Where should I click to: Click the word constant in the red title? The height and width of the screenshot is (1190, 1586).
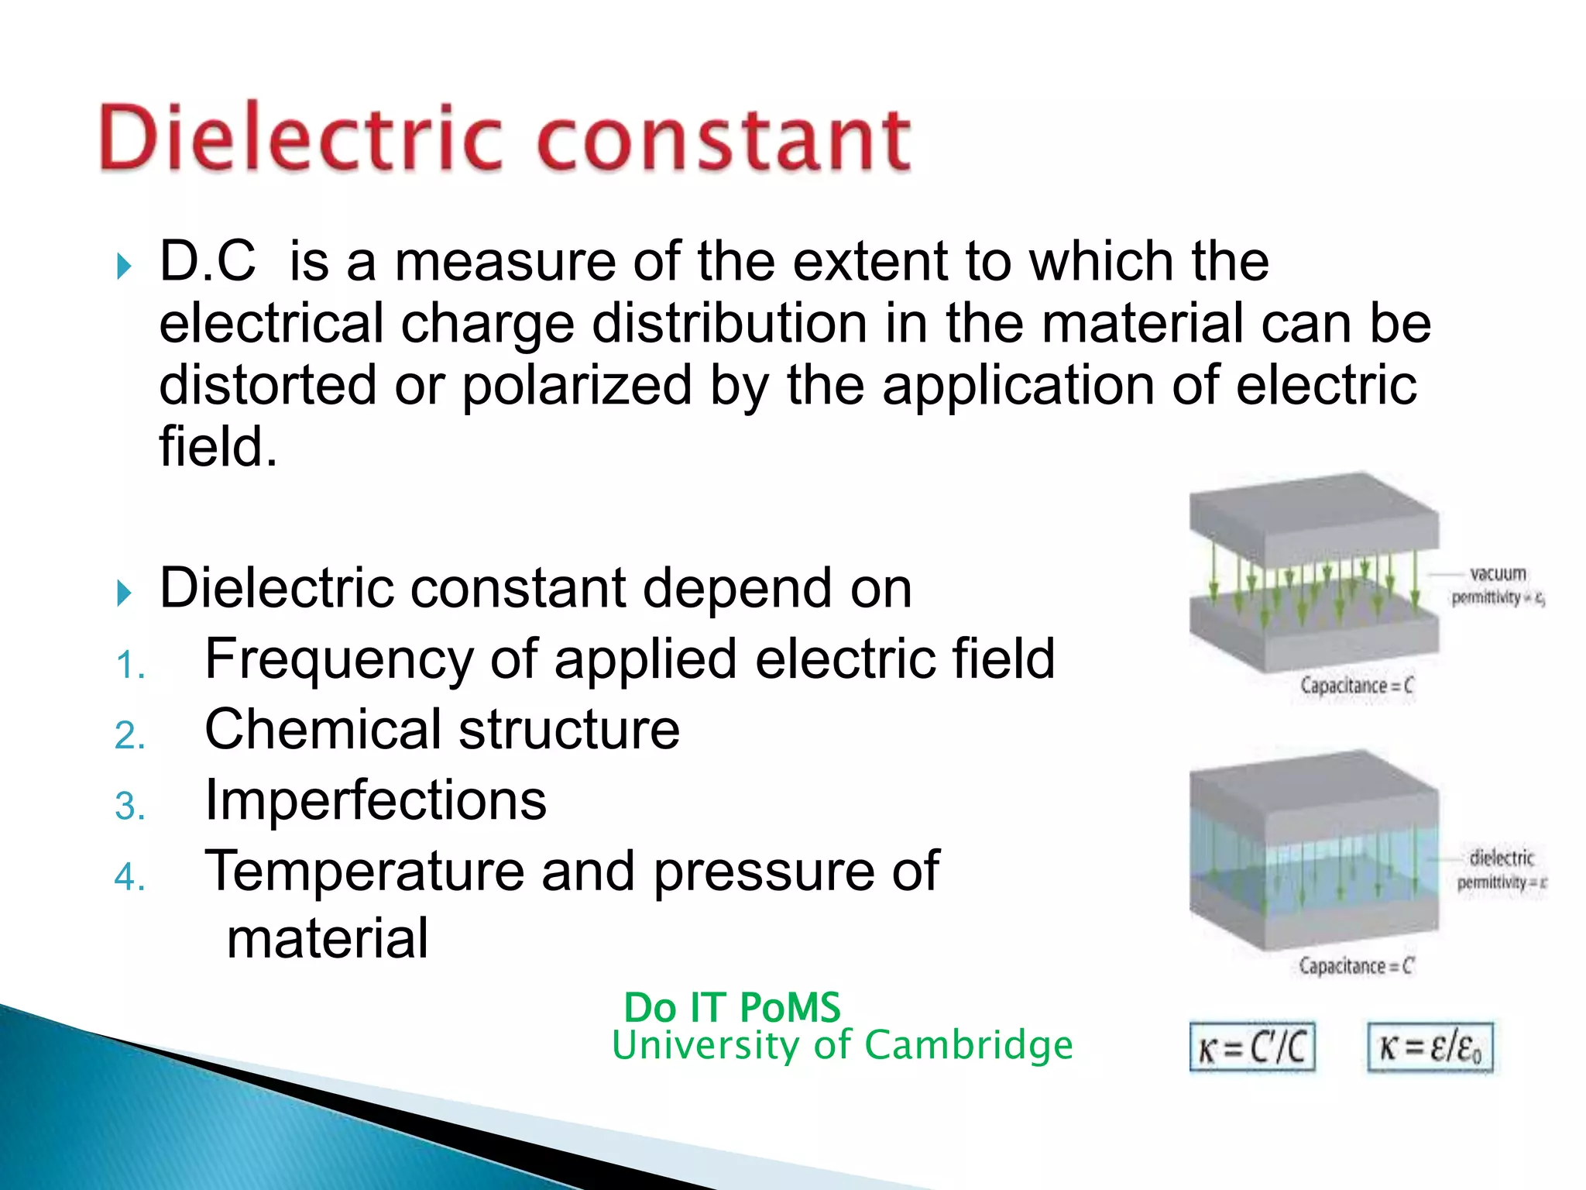click(723, 139)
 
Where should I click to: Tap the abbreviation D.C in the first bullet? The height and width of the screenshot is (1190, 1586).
click(207, 261)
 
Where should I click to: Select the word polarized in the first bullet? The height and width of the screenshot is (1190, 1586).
click(577, 386)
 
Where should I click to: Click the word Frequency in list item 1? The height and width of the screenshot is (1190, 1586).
click(338, 660)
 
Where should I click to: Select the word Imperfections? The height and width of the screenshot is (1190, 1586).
click(376, 800)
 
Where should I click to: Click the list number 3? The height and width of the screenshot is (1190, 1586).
click(129, 807)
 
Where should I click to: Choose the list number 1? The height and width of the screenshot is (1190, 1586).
click(129, 666)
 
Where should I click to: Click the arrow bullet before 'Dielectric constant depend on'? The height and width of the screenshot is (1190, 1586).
click(124, 593)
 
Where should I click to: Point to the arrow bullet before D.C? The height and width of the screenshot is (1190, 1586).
click(124, 267)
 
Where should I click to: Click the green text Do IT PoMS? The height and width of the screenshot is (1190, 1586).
click(732, 1008)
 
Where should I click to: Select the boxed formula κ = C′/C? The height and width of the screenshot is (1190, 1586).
click(1251, 1047)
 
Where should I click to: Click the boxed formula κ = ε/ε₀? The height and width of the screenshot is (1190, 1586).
click(1430, 1047)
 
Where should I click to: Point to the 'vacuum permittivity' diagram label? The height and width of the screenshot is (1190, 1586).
click(1497, 585)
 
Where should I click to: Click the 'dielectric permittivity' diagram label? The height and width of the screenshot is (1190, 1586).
click(1501, 869)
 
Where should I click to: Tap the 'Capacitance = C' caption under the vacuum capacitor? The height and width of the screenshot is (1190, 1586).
click(1356, 686)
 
